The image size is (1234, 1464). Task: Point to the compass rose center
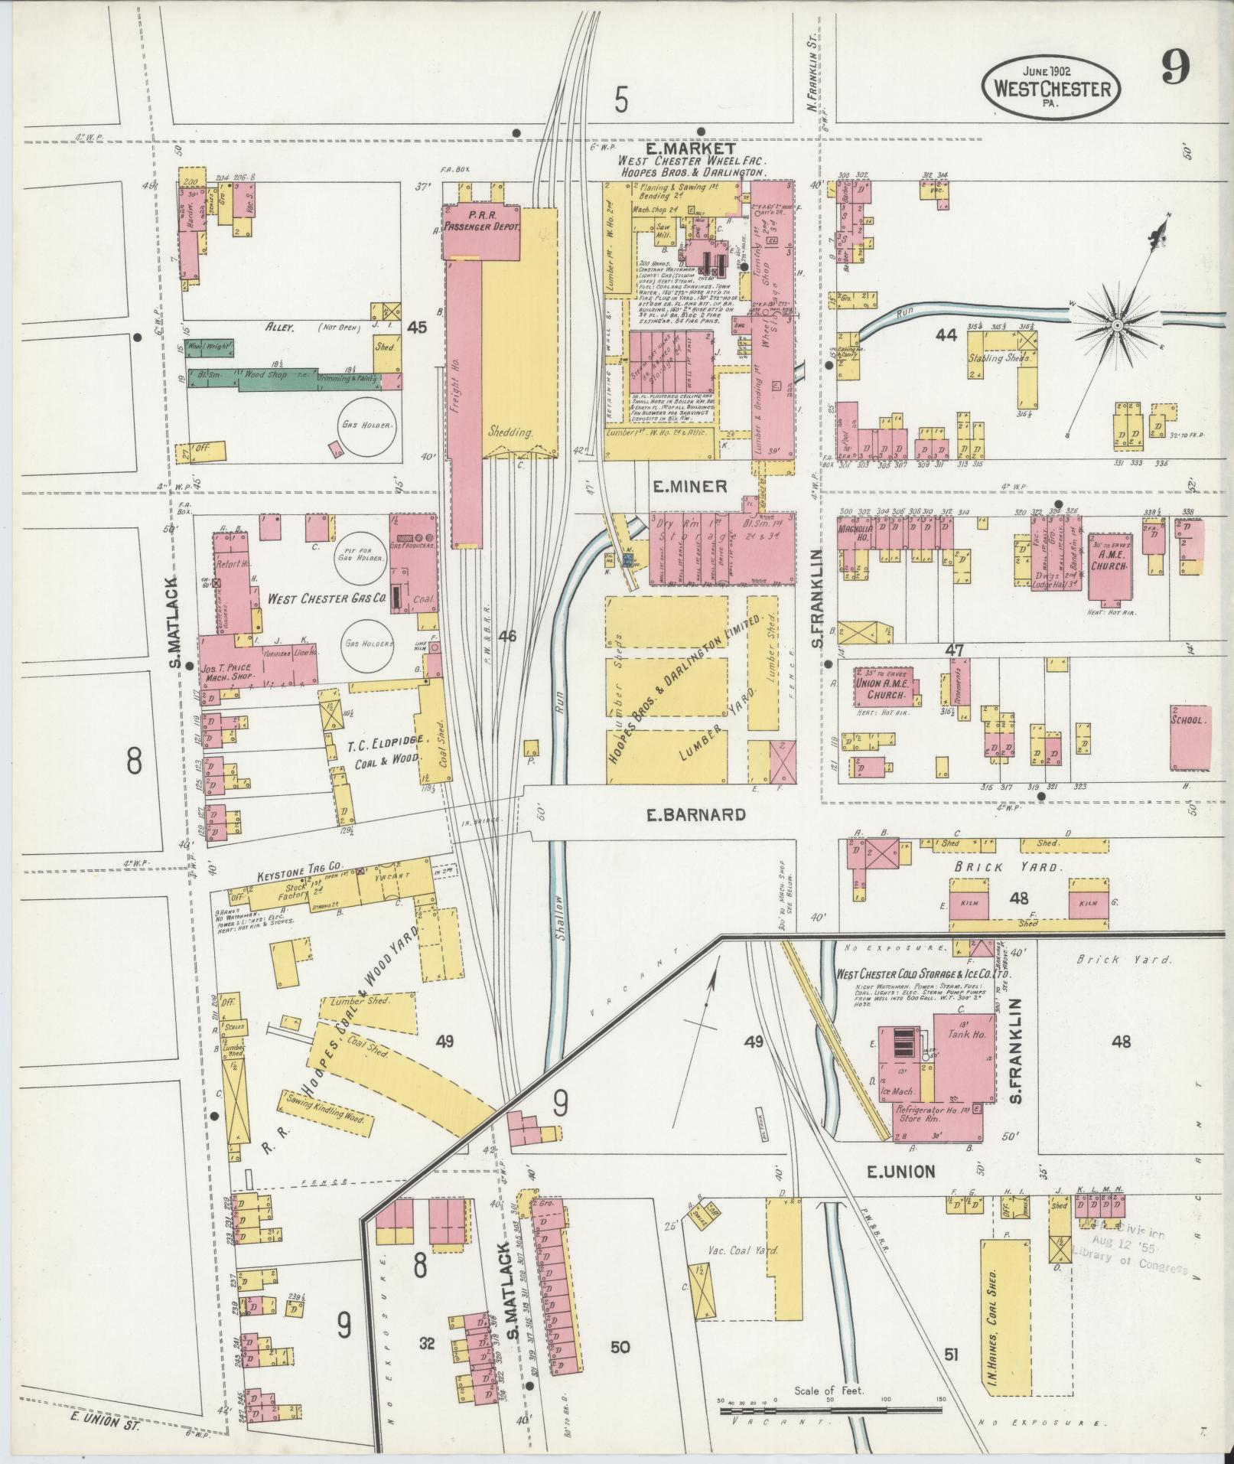[x=1115, y=327]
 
